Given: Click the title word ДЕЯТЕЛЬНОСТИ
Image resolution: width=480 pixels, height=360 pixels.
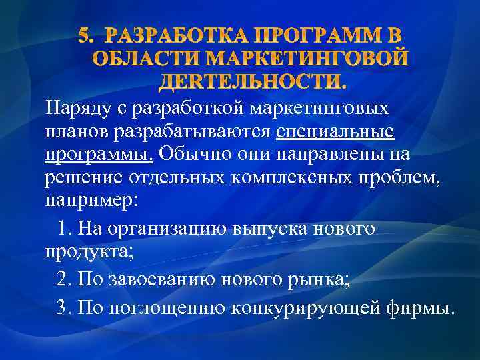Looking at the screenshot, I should pyautogui.click(x=253, y=81).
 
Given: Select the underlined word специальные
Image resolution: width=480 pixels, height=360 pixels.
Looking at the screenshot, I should pyautogui.click(x=335, y=132).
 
